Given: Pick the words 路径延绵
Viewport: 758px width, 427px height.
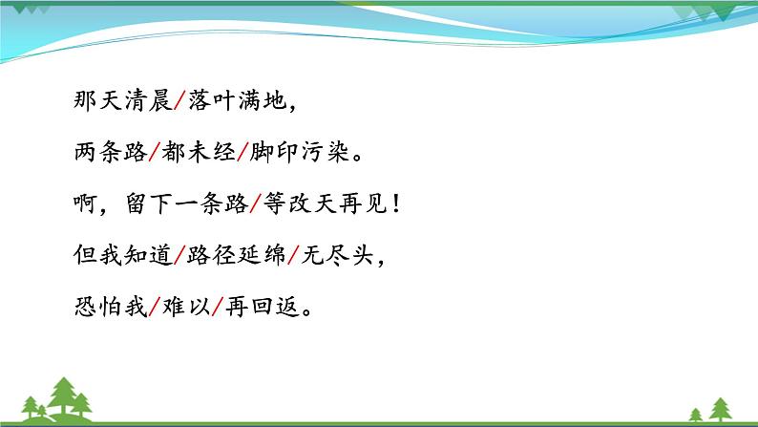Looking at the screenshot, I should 242,256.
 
